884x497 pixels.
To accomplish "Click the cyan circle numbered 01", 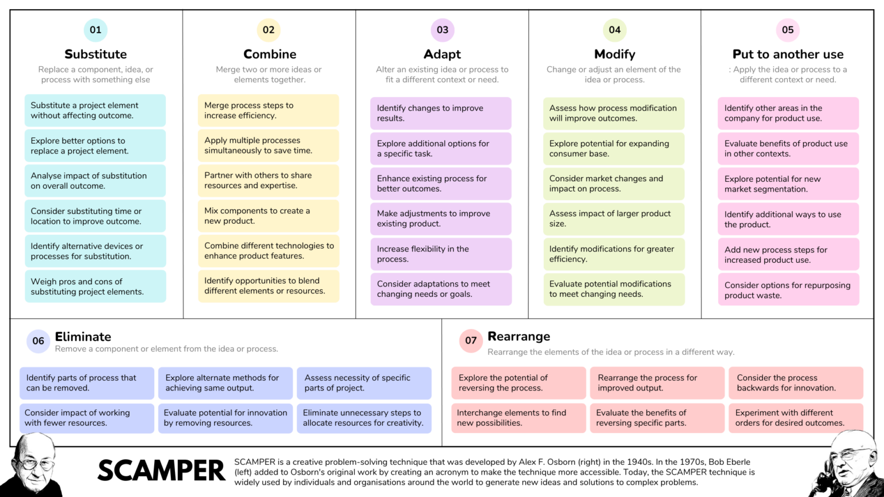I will point(96,30).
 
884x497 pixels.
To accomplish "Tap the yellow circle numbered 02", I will point(269,30).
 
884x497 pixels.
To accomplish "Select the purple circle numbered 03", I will point(442,30).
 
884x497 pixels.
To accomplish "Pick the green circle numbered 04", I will point(615,30).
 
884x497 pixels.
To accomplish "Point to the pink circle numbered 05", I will point(788,30).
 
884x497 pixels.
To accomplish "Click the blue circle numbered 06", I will point(39,341).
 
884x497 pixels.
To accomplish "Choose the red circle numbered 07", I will point(471,341).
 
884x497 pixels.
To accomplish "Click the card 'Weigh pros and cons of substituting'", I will point(96,286).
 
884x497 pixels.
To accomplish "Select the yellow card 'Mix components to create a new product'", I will point(268,216).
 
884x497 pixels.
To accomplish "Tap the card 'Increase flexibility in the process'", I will point(441,254).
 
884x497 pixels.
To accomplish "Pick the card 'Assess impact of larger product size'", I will point(614,219).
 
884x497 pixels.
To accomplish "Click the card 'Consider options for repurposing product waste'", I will point(788,290).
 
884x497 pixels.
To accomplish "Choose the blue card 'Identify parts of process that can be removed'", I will point(87,383).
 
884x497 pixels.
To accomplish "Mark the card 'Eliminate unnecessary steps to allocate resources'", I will point(364,418).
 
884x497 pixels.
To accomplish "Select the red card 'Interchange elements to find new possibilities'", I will point(519,418).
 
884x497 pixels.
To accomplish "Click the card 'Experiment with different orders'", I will point(796,418).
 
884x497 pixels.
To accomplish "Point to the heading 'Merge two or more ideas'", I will point(269,74).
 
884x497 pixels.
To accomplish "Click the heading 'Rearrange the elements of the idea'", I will point(611,352).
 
